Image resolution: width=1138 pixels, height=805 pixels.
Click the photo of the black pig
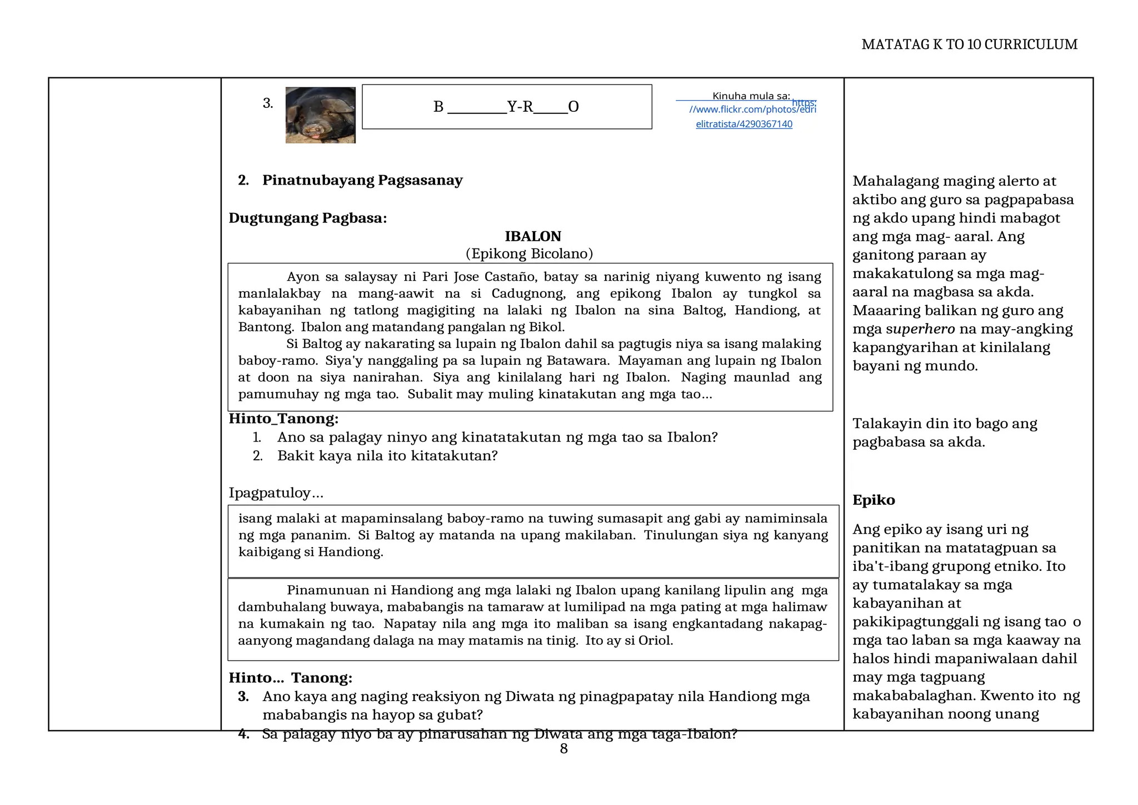pyautogui.click(x=320, y=115)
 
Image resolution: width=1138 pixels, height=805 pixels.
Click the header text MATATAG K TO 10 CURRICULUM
pyautogui.click(x=969, y=44)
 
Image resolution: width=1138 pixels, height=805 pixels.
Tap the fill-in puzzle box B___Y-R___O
pyautogui.click(x=506, y=107)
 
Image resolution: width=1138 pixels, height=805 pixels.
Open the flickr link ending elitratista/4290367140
pyautogui.click(x=743, y=124)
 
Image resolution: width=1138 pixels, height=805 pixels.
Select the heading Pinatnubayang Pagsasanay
pyautogui.click(x=362, y=180)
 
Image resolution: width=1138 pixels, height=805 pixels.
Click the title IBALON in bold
pyautogui.click(x=532, y=236)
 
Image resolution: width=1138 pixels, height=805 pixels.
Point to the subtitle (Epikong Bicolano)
pyautogui.click(x=529, y=254)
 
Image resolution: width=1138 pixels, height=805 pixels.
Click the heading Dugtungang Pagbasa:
pyautogui.click(x=307, y=218)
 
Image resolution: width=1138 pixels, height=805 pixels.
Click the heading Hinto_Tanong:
pyautogui.click(x=283, y=418)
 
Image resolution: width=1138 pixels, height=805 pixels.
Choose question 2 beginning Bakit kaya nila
pyautogui.click(x=387, y=456)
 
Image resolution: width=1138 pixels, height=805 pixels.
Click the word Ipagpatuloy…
pyautogui.click(x=276, y=493)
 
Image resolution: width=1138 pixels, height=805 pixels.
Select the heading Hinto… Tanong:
pyautogui.click(x=290, y=678)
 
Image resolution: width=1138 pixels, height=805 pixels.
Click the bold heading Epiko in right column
pyautogui.click(x=874, y=500)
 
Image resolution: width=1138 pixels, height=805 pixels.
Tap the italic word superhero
pyautogui.click(x=920, y=329)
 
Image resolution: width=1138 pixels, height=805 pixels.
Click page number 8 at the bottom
pyautogui.click(x=563, y=749)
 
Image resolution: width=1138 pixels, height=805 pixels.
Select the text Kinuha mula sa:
pyautogui.click(x=751, y=96)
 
